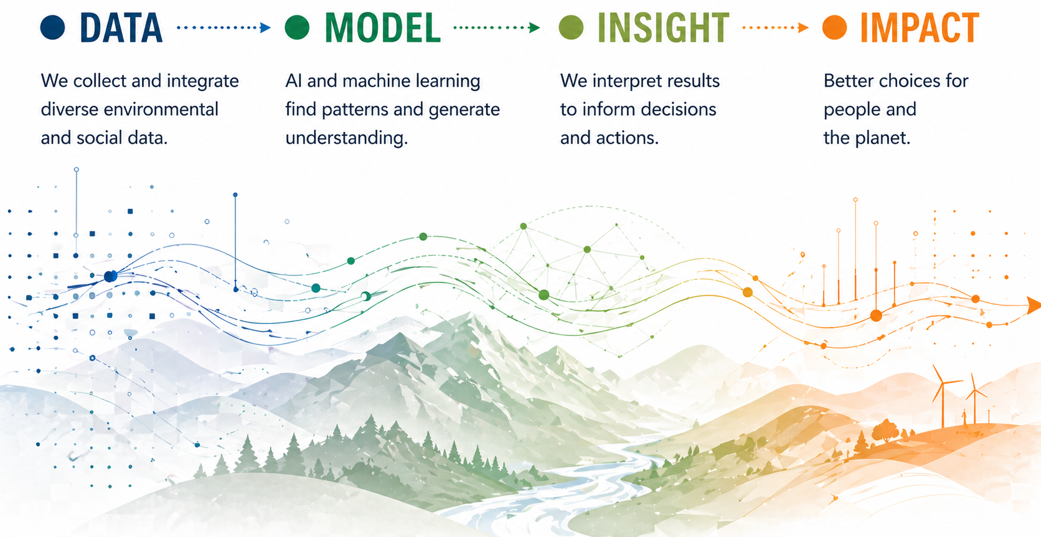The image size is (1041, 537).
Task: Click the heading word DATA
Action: coord(121,28)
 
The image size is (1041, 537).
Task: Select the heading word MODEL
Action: coord(383,28)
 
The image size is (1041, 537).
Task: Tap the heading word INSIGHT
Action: coord(663,28)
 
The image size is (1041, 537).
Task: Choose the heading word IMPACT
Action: coord(920,28)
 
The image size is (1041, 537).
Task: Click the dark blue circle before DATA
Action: coord(53,27)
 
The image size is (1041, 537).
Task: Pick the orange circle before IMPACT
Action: coord(834,27)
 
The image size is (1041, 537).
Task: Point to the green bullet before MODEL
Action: coord(297,27)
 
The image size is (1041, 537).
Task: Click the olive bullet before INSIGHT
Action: coord(571,27)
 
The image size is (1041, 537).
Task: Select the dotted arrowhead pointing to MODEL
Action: coord(266,27)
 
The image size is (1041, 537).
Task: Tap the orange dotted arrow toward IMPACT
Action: coord(775,27)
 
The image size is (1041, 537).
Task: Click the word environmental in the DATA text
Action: coord(161,110)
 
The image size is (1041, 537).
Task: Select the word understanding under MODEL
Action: coord(346,138)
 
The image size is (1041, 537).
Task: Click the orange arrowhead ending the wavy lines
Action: coord(1034,305)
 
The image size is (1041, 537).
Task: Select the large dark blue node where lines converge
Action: coord(110,276)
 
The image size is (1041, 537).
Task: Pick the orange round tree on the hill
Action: coord(885,429)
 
